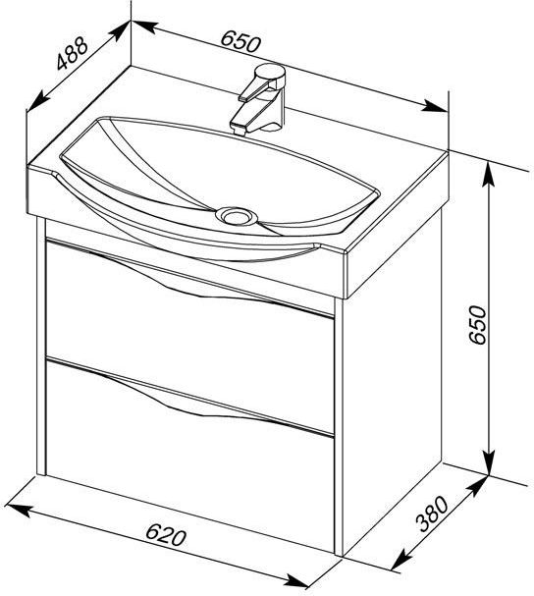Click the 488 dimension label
(x=73, y=54)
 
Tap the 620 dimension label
(x=166, y=534)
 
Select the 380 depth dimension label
(x=433, y=514)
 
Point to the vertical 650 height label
(x=477, y=325)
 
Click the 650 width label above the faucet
(x=241, y=41)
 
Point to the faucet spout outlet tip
(x=239, y=131)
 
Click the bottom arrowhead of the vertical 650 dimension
(x=489, y=462)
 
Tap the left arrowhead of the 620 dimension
(x=17, y=509)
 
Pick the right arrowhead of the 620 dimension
(x=298, y=580)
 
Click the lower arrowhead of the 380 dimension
(x=400, y=561)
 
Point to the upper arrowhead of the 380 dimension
(x=478, y=486)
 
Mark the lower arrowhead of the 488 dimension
(x=37, y=102)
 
